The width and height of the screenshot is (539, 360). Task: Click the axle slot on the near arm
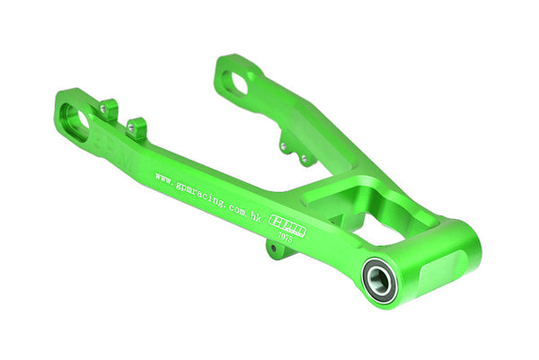click(x=77, y=119)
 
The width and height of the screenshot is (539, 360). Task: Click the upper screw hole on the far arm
click(x=283, y=145)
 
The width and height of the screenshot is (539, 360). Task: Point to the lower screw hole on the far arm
click(x=303, y=158)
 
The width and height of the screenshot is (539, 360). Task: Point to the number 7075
click(x=296, y=241)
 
